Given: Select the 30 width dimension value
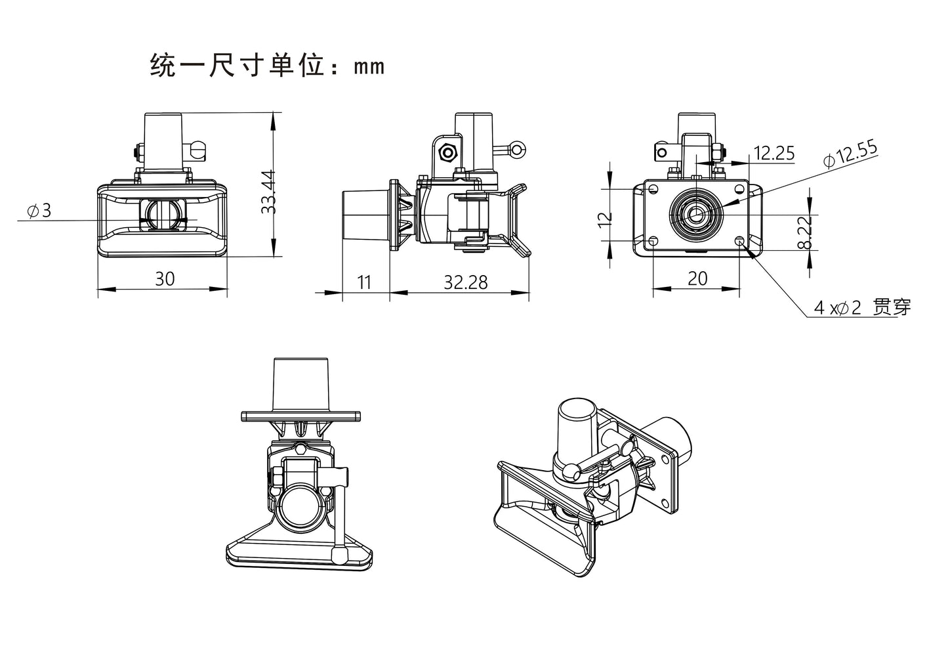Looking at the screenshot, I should pyautogui.click(x=165, y=279).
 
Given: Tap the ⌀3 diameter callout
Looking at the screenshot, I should pyautogui.click(x=39, y=211).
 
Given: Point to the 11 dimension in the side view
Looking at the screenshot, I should pyautogui.click(x=365, y=282).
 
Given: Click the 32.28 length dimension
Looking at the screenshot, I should pyautogui.click(x=466, y=282).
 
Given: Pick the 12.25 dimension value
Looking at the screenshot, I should pyautogui.click(x=774, y=154).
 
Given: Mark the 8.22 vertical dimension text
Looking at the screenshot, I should pyautogui.click(x=806, y=232).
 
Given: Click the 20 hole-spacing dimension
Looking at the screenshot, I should pyautogui.click(x=698, y=279).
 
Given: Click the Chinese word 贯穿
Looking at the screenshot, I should pyautogui.click(x=893, y=307).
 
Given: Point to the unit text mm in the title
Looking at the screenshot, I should pyautogui.click(x=369, y=67).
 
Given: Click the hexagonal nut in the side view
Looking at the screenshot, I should pyautogui.click(x=448, y=152).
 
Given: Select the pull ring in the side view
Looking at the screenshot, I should pyautogui.click(x=518, y=150).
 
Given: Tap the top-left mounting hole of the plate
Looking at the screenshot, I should pyautogui.click(x=653, y=189).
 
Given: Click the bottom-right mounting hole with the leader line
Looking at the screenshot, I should pyautogui.click(x=741, y=241).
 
